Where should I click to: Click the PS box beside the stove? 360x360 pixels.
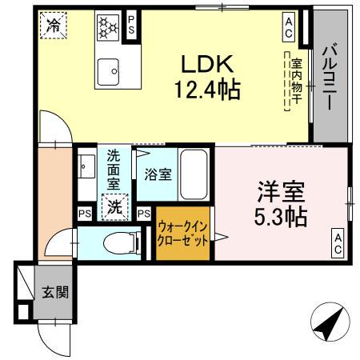pyautogui.click(x=133, y=27)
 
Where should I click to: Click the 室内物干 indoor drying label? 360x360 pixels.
pyautogui.click(x=295, y=80)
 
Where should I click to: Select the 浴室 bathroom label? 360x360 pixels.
pyautogui.click(x=157, y=174)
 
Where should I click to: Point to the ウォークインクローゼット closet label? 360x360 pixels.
pyautogui.click(x=183, y=233)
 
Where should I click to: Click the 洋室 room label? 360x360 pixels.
pyautogui.click(x=280, y=193)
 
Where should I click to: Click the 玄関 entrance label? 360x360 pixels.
pyautogui.click(x=55, y=291)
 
